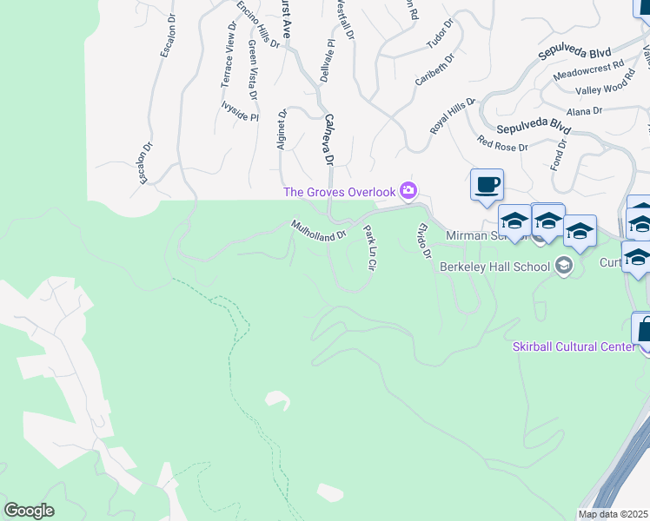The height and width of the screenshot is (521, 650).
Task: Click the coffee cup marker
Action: pyautogui.click(x=487, y=185)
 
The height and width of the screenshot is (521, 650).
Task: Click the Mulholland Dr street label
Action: pyautogui.click(x=319, y=230)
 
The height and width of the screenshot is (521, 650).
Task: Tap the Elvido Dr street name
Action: pyautogui.click(x=424, y=241)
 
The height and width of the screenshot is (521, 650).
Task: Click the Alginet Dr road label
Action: pyautogui.click(x=281, y=129)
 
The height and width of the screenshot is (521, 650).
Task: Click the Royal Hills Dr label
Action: pyautogui.click(x=453, y=115)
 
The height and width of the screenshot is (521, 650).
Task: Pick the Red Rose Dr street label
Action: pyautogui.click(x=502, y=142)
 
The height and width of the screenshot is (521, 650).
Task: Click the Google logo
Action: pyautogui.click(x=29, y=511)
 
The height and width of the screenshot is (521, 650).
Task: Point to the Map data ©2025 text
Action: pyautogui.click(x=614, y=514)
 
